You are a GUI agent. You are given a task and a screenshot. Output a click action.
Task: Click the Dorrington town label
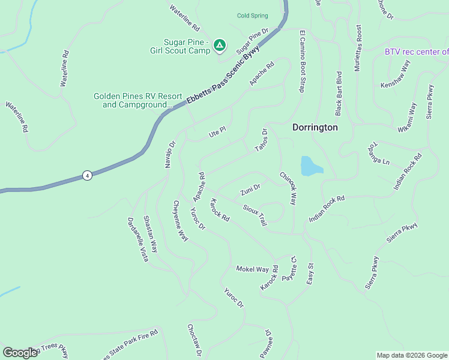coord(315,128)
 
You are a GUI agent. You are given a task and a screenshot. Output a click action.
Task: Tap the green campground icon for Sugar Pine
coord(220,45)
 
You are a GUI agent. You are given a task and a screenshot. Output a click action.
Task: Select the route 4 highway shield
coord(88,175)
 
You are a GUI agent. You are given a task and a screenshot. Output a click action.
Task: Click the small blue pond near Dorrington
coord(310,166)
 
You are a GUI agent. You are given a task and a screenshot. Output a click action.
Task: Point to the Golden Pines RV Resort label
coord(138,100)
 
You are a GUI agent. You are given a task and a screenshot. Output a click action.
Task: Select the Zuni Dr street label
coord(250,190)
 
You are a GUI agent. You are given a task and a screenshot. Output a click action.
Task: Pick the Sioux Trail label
coord(255,215)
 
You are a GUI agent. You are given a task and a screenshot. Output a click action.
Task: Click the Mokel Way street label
coord(252,269)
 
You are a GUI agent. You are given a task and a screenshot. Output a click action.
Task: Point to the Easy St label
coord(310,274)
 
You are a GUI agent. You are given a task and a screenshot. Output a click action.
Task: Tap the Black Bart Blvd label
coord(339,93)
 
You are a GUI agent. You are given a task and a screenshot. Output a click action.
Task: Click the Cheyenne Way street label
coord(181,221)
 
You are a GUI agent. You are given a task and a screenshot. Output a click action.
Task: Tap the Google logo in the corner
coord(20,353)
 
